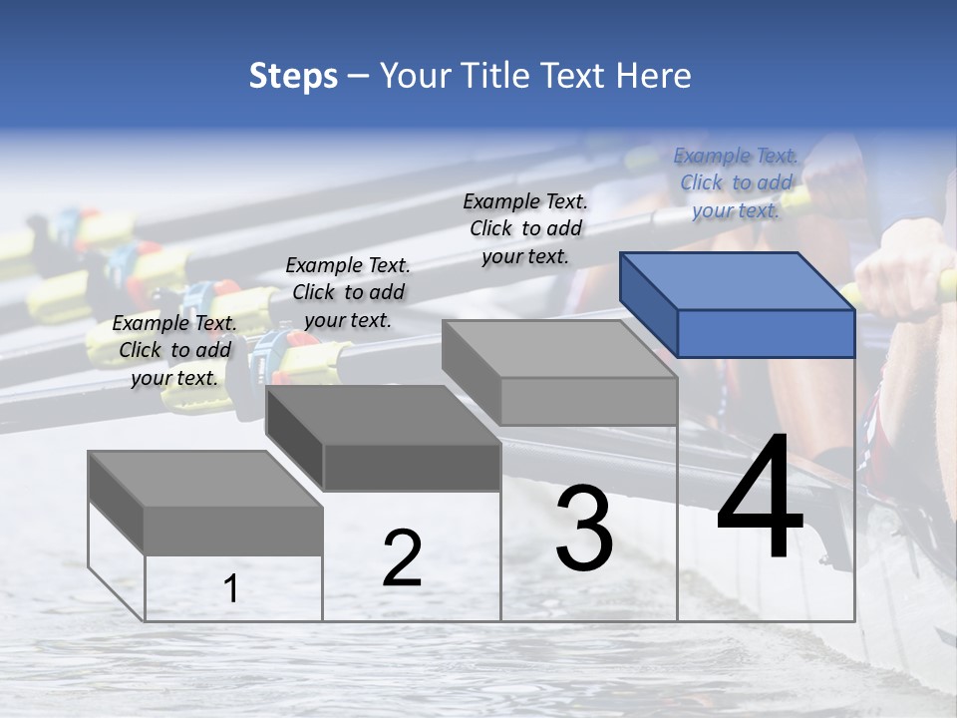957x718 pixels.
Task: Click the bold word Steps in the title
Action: click(293, 76)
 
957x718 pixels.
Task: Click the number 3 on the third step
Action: click(583, 528)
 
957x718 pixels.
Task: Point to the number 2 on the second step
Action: click(402, 558)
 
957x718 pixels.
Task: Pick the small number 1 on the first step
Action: click(230, 588)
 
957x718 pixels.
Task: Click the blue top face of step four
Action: click(736, 280)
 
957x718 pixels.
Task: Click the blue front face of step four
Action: click(766, 333)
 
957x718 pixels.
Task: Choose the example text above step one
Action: click(174, 350)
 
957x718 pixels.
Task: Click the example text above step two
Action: click(348, 292)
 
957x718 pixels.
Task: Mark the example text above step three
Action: click(525, 228)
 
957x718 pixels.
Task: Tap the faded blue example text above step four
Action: click(736, 182)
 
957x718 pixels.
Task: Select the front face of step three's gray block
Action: click(588, 402)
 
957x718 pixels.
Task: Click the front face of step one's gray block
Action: click(233, 531)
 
